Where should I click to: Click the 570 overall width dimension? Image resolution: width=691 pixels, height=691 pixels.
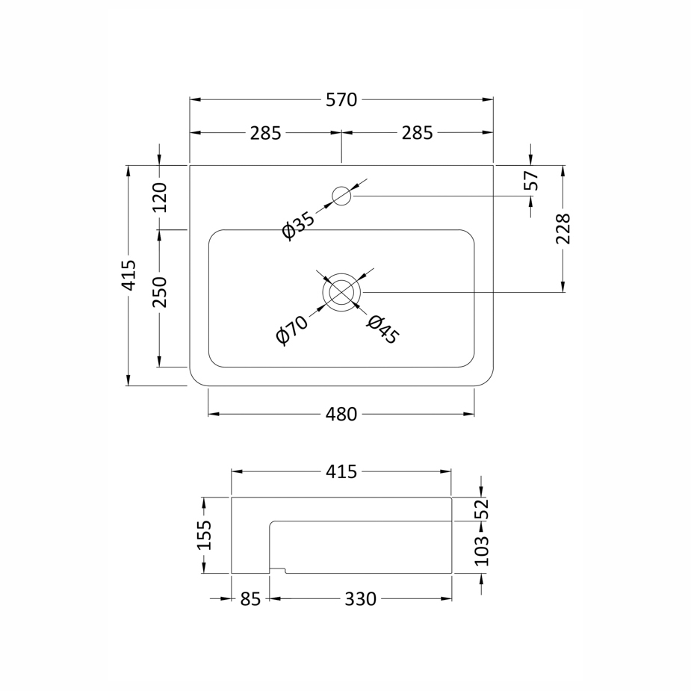pos(341,100)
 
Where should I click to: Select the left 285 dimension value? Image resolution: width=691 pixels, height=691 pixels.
pos(265,133)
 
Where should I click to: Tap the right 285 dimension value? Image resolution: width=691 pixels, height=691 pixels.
pos(417,133)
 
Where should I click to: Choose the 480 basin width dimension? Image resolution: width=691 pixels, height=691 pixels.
pos(341,415)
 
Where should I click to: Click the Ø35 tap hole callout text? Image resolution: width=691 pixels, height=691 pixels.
pos(299,226)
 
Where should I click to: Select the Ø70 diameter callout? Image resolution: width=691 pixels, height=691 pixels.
pos(292,330)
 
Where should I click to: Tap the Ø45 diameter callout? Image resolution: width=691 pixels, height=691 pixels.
pos(382,329)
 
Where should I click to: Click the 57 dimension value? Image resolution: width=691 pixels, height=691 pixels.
pos(531,180)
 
